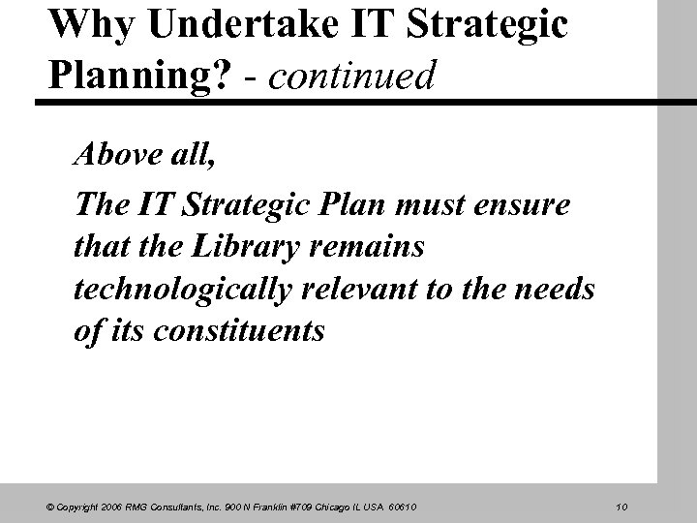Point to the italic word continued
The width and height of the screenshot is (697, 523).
351,77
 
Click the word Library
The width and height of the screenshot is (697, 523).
236,248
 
